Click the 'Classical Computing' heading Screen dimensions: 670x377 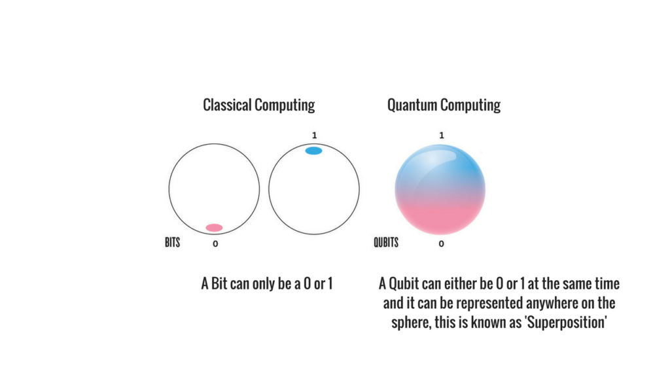(258, 105)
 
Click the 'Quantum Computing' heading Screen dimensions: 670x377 (444, 105)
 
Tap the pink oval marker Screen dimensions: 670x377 (214, 228)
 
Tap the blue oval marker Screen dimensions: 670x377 (313, 151)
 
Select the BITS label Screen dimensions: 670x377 (173, 242)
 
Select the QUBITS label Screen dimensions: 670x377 (386, 242)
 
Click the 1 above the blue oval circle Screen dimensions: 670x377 (315, 135)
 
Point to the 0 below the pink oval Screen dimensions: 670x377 (215, 243)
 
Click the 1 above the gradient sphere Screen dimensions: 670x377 (442, 135)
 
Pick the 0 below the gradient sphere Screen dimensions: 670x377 (442, 243)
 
